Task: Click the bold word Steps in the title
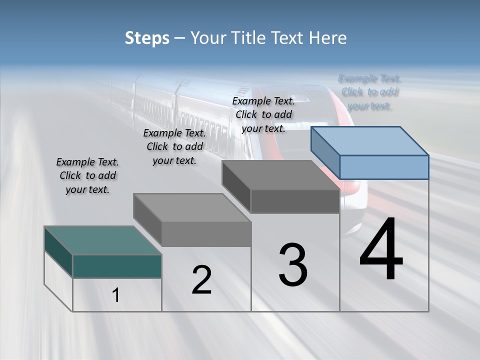pyautogui.click(x=147, y=38)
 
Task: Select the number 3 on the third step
pyautogui.click(x=293, y=265)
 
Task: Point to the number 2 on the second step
pyautogui.click(x=201, y=280)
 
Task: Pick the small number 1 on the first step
pyautogui.click(x=116, y=295)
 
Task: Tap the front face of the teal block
pyautogui.click(x=117, y=266)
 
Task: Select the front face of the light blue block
pyautogui.click(x=384, y=167)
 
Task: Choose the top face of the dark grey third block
pyautogui.click(x=280, y=175)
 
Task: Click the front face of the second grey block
pyautogui.click(x=206, y=234)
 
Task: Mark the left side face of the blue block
pyautogui.click(x=325, y=150)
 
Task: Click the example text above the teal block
pyautogui.click(x=87, y=175)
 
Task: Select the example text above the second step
pyautogui.click(x=174, y=146)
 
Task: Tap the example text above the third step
pyautogui.click(x=263, y=114)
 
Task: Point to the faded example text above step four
pyautogui.click(x=369, y=92)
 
